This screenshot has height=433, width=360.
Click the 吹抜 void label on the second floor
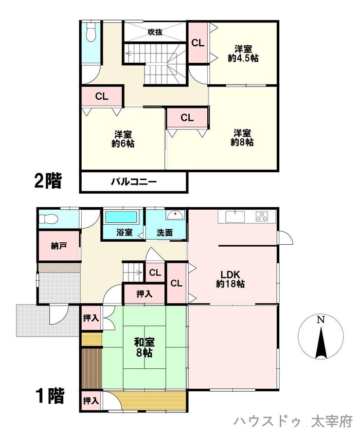click(x=155, y=32)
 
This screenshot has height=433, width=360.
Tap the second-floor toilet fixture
click(x=91, y=32)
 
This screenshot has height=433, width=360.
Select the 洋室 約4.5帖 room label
click(x=243, y=54)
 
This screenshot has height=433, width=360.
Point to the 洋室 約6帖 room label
click(x=123, y=139)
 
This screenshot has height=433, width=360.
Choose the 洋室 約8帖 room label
click(x=242, y=138)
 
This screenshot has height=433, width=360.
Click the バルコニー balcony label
click(x=134, y=181)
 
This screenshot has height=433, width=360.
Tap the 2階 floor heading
click(x=48, y=180)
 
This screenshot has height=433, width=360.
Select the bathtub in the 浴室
click(x=122, y=217)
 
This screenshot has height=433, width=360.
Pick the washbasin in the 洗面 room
click(x=176, y=215)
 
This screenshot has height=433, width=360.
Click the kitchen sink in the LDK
click(x=235, y=216)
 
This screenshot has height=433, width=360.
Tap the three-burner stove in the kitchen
click(x=262, y=216)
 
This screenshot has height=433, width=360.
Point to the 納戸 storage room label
click(x=59, y=246)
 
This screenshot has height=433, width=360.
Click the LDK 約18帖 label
click(x=230, y=279)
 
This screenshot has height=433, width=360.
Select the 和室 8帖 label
click(x=144, y=347)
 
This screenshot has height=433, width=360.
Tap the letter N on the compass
click(x=320, y=320)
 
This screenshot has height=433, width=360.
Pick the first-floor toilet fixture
click(x=48, y=219)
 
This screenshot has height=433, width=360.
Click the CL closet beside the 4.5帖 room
click(x=198, y=43)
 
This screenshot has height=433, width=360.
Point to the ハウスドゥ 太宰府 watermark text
click(x=293, y=421)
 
